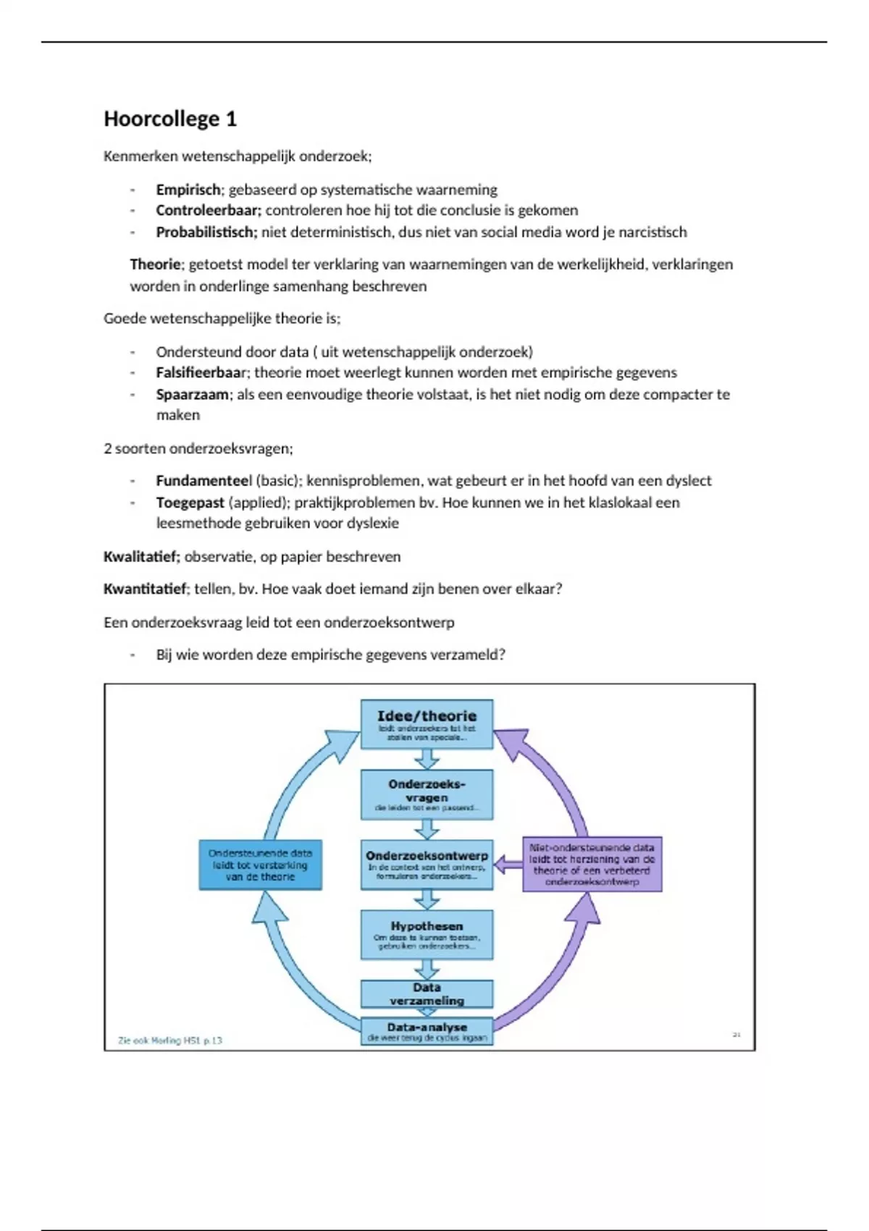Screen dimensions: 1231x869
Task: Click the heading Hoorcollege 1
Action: [x=170, y=119]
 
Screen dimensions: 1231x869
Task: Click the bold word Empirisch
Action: [x=188, y=190]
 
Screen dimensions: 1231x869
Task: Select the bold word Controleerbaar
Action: [x=207, y=211]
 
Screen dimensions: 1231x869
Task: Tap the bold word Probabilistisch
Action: [x=206, y=232]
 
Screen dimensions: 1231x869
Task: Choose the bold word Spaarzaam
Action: [x=192, y=395]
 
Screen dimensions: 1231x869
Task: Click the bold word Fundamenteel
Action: [x=203, y=481]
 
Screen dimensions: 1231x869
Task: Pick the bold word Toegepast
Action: [x=190, y=503]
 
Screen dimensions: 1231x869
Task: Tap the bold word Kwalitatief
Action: [x=140, y=557]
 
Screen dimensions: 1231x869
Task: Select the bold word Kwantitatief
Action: [x=144, y=589]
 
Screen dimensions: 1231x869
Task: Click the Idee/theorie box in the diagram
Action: [x=427, y=724]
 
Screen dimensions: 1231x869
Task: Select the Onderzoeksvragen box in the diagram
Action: [x=427, y=794]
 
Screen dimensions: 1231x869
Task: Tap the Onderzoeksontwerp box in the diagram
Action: [x=427, y=864]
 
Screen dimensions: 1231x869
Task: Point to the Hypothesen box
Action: [x=427, y=934]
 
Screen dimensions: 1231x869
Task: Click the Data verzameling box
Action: [x=427, y=993]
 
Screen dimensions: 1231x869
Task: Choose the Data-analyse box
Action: [x=427, y=1031]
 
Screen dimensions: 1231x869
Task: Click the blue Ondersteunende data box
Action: [x=260, y=865]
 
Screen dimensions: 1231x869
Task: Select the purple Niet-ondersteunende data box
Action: [x=592, y=865]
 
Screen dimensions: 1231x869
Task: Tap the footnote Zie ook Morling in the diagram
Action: [x=170, y=1041]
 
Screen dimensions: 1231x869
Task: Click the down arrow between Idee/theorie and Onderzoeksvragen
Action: [x=427, y=759]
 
